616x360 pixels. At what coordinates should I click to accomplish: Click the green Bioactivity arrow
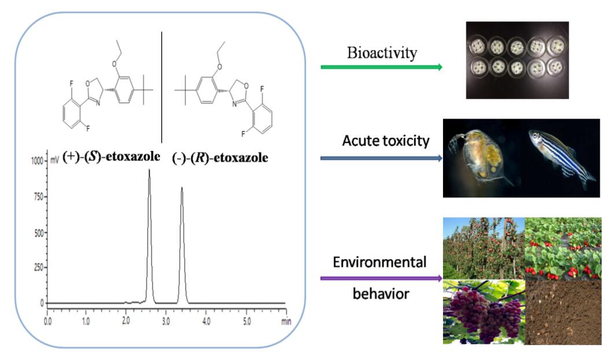pos(382,67)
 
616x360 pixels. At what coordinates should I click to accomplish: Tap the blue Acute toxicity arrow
pos(382,157)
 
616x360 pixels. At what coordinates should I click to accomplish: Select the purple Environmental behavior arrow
pos(382,278)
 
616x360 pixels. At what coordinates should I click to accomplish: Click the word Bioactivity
pos(382,54)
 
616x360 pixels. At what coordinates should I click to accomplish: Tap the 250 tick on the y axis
pos(39,267)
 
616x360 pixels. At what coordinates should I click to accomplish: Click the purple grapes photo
pos(484,311)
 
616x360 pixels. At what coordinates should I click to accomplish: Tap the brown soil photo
pos(563,311)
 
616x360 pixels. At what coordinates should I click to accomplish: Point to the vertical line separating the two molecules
pos(161,87)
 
